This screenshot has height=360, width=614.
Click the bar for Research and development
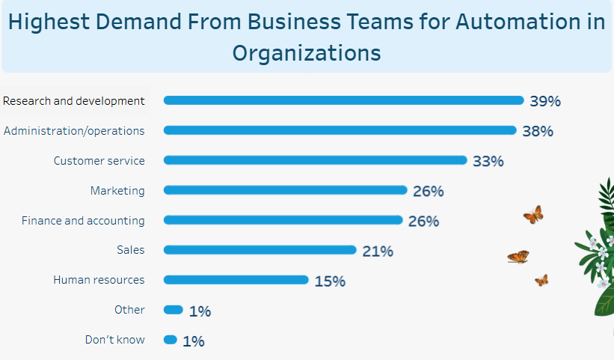coord(343,100)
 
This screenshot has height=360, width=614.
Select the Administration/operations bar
coord(340,130)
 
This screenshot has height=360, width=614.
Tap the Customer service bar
coord(315,160)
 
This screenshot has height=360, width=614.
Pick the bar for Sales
coord(260,250)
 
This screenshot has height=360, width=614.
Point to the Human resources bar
coord(236,280)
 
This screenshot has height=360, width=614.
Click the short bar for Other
coord(173,310)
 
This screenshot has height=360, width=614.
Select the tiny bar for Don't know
coord(171,340)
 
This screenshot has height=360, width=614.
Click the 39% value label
coord(545,101)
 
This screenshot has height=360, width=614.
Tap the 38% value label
coord(538,131)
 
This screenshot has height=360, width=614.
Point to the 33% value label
coord(488,161)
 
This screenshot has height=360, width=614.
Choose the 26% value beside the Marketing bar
coord(429,191)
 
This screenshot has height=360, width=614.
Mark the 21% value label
coord(378,251)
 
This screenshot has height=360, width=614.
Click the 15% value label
coord(330,281)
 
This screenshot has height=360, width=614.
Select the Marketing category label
coord(117,191)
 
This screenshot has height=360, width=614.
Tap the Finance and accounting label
coord(83,221)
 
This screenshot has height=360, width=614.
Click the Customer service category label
coord(99,160)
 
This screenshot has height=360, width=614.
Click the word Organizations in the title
coord(307,53)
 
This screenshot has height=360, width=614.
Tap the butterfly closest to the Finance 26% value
coord(533,216)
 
